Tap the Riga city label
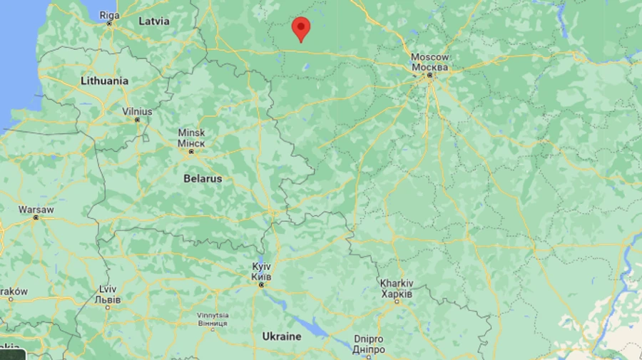point(109,15)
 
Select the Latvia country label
point(154,21)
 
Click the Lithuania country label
point(104,81)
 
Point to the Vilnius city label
point(137,111)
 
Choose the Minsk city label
point(191,133)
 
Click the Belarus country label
point(202,178)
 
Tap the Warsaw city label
point(36,210)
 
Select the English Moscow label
point(430,57)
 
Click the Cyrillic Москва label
point(430,67)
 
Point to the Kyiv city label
point(261,266)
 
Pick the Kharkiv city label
point(396,283)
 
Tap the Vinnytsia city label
point(213,314)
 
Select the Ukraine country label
point(281,336)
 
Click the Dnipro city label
point(368,339)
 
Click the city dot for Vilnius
point(137,120)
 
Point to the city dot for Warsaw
point(35,218)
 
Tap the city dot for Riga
point(109,24)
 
